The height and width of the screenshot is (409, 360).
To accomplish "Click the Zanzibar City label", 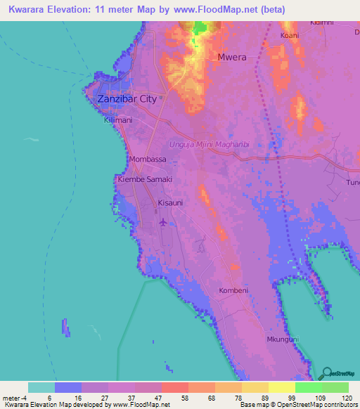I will click(x=127, y=99).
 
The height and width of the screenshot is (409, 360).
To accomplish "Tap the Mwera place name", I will click(x=232, y=58).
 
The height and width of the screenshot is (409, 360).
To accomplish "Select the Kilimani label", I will click(x=117, y=121).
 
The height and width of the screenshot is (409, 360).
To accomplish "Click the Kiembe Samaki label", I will click(x=145, y=180).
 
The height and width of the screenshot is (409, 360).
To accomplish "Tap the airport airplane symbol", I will click(x=164, y=222).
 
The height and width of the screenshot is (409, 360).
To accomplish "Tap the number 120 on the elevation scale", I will click(x=346, y=397).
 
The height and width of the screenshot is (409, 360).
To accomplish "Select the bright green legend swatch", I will click(x=308, y=387).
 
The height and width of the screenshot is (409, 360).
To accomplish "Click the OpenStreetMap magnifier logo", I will click(x=326, y=372).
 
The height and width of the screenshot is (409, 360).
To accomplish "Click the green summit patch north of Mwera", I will click(x=200, y=28).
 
